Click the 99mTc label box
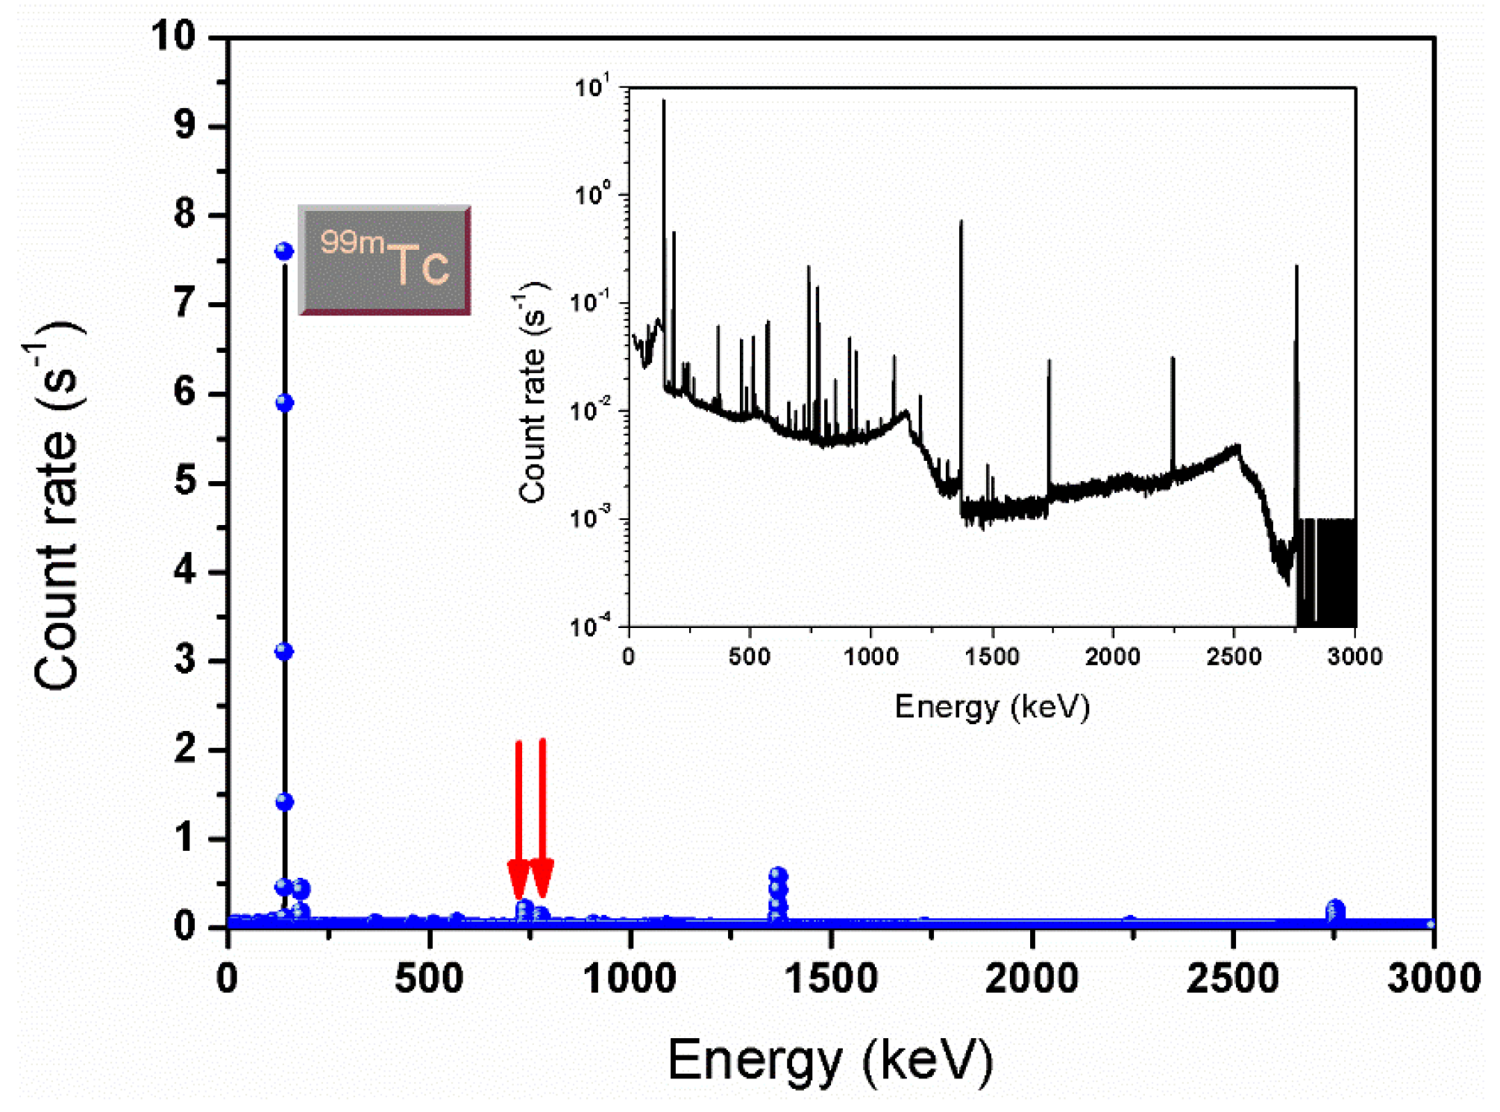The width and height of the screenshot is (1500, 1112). click(384, 260)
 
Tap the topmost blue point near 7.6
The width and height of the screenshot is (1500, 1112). click(283, 251)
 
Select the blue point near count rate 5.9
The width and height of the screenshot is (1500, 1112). click(283, 403)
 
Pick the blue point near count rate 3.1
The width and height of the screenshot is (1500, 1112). click(283, 652)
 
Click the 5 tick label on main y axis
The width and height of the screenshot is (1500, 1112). click(185, 482)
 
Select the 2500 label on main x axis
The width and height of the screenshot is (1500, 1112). click(1232, 978)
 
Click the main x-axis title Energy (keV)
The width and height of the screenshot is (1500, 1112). click(830, 1060)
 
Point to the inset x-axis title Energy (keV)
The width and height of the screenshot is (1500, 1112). click(992, 706)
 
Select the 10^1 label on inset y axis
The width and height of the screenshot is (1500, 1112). click(593, 87)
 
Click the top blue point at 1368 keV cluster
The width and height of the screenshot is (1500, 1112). click(778, 876)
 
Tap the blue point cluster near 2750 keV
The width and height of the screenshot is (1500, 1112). click(1335, 910)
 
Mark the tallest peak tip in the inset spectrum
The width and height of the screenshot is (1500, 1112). click(663, 101)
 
